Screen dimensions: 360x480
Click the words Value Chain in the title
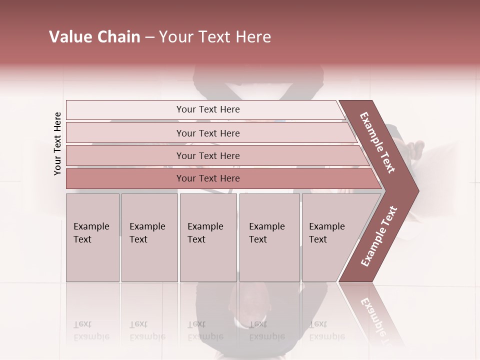pos(94,37)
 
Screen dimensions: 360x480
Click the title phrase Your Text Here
pos(215,37)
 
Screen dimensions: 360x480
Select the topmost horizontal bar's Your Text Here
pos(208,109)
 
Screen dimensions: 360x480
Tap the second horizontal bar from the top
pos(208,133)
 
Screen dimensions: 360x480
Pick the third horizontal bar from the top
pos(208,155)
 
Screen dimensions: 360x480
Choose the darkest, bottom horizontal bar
pos(208,178)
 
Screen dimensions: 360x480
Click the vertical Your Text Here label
pos(57,143)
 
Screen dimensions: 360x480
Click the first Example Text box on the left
pos(91,233)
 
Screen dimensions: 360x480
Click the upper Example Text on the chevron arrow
pos(377,142)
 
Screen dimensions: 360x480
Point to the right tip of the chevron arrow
pos(417,191)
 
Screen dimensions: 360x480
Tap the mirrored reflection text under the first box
pos(91,330)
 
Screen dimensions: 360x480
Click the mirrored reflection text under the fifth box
pos(327,330)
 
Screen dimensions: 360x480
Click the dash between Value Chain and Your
pos(149,37)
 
